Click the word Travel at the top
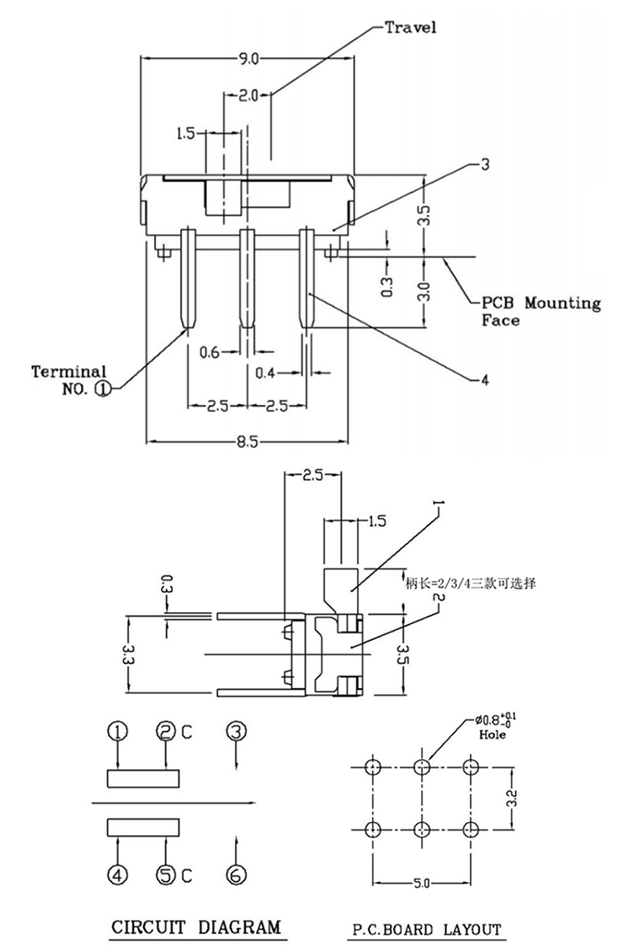click(411, 28)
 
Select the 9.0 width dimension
click(249, 59)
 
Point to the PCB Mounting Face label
click(540, 311)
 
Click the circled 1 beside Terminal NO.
click(103, 388)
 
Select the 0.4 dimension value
click(267, 371)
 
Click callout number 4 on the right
click(484, 380)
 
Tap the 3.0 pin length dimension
click(424, 291)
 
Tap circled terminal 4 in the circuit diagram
click(119, 875)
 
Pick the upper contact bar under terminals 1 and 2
click(143, 777)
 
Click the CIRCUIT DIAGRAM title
click(197, 928)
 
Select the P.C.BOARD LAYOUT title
click(426, 930)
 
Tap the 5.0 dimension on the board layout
click(421, 883)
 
